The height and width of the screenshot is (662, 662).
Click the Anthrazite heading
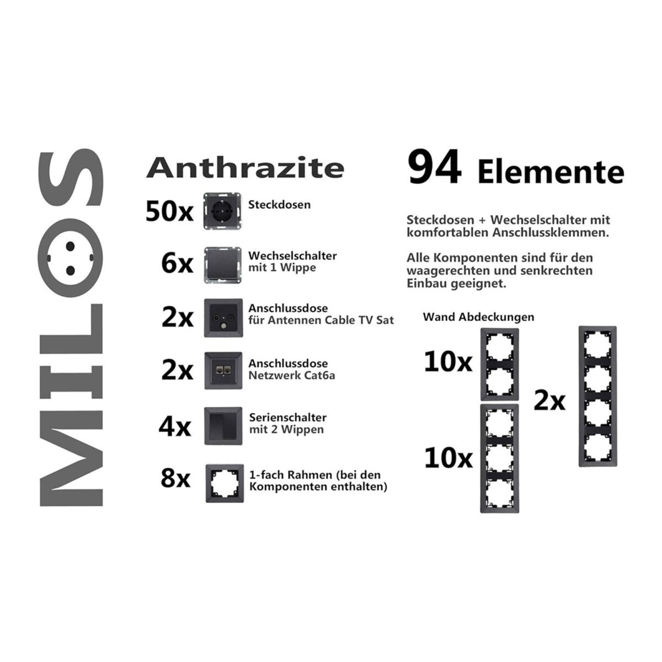click(x=245, y=168)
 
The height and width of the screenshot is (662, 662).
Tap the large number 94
click(x=434, y=167)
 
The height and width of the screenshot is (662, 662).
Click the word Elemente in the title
click(x=551, y=173)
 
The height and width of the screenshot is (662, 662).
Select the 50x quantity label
click(x=169, y=211)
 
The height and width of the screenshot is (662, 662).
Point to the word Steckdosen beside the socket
click(x=279, y=205)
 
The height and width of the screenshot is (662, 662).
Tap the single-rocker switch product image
click(x=223, y=265)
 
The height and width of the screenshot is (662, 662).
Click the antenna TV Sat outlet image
click(x=223, y=318)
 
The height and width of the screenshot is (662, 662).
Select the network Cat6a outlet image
click(x=223, y=371)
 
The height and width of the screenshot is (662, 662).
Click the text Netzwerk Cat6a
click(x=292, y=375)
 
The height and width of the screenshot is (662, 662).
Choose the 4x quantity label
click(x=174, y=426)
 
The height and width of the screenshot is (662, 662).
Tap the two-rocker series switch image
click(x=223, y=426)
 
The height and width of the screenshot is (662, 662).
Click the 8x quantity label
click(x=175, y=478)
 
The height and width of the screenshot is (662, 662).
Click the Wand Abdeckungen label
click(x=478, y=317)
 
